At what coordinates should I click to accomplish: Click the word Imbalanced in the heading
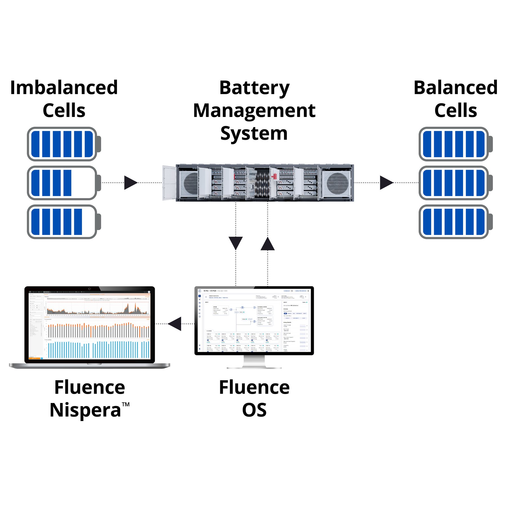[x=64, y=88]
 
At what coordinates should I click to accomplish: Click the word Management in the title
[x=254, y=110]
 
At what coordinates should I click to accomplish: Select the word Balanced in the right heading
[x=455, y=88]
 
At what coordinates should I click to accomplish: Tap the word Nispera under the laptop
[x=85, y=410]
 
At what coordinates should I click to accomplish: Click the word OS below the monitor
[x=254, y=410]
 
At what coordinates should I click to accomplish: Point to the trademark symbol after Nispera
[x=126, y=405]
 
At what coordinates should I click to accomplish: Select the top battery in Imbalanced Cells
[x=64, y=144]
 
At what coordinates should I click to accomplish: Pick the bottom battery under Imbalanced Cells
[x=64, y=222]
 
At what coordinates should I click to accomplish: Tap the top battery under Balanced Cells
[x=455, y=144]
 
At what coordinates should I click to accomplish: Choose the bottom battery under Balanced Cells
[x=455, y=222]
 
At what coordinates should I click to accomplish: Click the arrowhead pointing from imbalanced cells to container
[x=130, y=183]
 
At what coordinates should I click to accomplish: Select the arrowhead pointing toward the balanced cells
[x=386, y=183]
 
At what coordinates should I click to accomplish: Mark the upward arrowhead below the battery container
[x=268, y=244]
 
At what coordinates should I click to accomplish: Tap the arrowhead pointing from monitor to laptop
[x=175, y=324]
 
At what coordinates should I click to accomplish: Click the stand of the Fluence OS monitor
[x=254, y=362]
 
